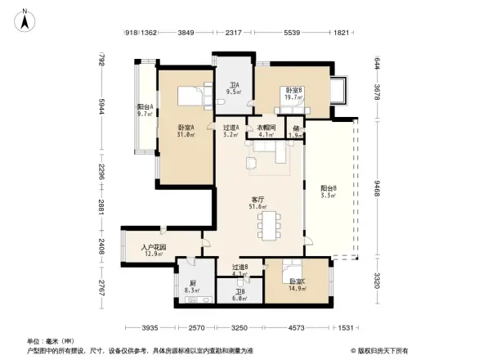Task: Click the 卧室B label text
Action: pyautogui.click(x=293, y=91)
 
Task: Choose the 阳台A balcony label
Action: pyautogui.click(x=145, y=109)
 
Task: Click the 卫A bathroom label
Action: pyautogui.click(x=234, y=86)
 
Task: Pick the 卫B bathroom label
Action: pyautogui.click(x=239, y=294)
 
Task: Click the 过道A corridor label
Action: pyautogui.click(x=231, y=128)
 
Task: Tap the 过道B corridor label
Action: pyautogui.click(x=239, y=268)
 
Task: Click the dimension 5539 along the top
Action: pyautogui.click(x=290, y=33)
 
